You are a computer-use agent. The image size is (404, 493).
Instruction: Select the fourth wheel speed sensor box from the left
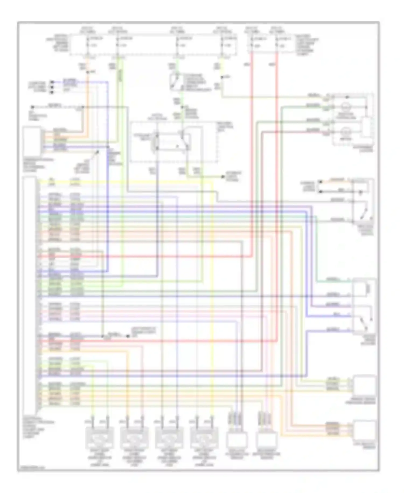click(x=204, y=437)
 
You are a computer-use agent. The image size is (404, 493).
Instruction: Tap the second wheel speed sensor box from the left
click(x=134, y=437)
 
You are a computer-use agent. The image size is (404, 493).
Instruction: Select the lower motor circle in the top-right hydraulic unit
click(x=346, y=132)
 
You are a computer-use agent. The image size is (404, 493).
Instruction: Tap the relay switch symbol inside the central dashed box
click(x=184, y=140)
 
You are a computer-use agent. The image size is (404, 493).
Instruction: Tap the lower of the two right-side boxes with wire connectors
click(x=365, y=430)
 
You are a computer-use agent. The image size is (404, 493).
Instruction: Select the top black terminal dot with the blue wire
click(x=52, y=82)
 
